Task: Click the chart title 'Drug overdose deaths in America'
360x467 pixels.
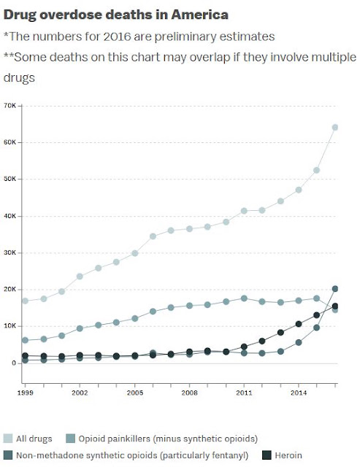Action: coord(116,15)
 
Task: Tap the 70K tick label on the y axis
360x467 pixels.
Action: coord(9,106)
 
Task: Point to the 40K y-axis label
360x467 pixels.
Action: coord(9,216)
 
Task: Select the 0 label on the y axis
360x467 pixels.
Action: coord(14,363)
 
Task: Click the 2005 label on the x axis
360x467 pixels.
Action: coord(134,393)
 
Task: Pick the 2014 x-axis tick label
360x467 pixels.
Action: coord(299,393)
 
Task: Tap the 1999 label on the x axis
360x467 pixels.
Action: coord(26,393)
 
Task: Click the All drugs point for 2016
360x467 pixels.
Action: coord(335,128)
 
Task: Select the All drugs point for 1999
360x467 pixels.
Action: coord(26,301)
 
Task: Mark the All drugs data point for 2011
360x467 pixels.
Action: coord(244,211)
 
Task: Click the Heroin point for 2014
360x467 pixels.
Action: coord(299,324)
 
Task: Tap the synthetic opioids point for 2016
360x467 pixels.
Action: coord(335,289)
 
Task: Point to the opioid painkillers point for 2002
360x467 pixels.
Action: coord(80,328)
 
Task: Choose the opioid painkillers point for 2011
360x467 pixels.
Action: coord(244,298)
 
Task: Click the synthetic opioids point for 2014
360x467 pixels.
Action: coord(299,342)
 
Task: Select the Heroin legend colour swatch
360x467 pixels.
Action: coord(267,455)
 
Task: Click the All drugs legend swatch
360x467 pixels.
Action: coord(8,439)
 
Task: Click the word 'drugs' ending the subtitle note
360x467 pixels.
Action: coord(19,78)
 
